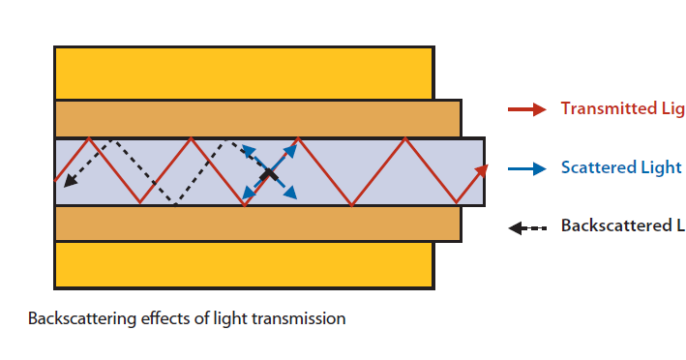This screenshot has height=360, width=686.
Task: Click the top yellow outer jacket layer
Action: [242, 72]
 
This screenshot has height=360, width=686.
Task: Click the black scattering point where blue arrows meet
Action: [268, 175]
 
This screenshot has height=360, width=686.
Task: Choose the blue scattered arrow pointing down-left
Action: [251, 194]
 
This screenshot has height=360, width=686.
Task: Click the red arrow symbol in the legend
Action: [528, 109]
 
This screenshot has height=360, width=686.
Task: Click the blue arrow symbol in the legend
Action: [528, 168]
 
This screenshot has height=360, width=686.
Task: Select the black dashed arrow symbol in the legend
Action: [528, 227]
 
